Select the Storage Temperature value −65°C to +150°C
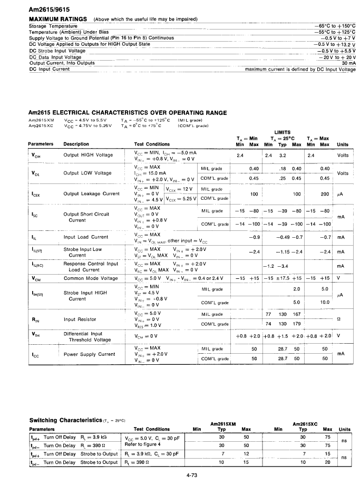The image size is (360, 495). [x=334, y=26]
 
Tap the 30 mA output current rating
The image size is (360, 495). [x=348, y=63]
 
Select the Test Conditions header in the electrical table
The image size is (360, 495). [x=152, y=144]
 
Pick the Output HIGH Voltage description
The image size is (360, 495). [x=88, y=155]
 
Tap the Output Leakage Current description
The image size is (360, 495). [x=92, y=193]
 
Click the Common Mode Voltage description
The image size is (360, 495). [x=91, y=278]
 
